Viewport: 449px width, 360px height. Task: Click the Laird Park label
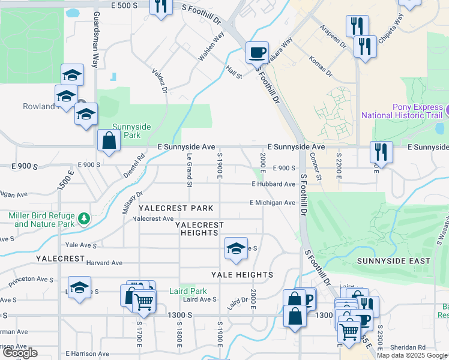click(193, 292)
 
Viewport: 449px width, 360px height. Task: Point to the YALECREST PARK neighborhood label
click(176, 208)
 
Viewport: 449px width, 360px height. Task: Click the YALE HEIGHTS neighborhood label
click(242, 275)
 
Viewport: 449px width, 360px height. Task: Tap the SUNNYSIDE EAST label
click(394, 261)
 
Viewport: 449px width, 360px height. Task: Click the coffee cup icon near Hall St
click(257, 52)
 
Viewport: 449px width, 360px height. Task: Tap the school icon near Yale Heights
click(237, 248)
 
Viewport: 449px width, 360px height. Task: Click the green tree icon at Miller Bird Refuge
click(85, 217)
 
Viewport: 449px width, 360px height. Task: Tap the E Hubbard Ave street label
click(273, 184)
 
